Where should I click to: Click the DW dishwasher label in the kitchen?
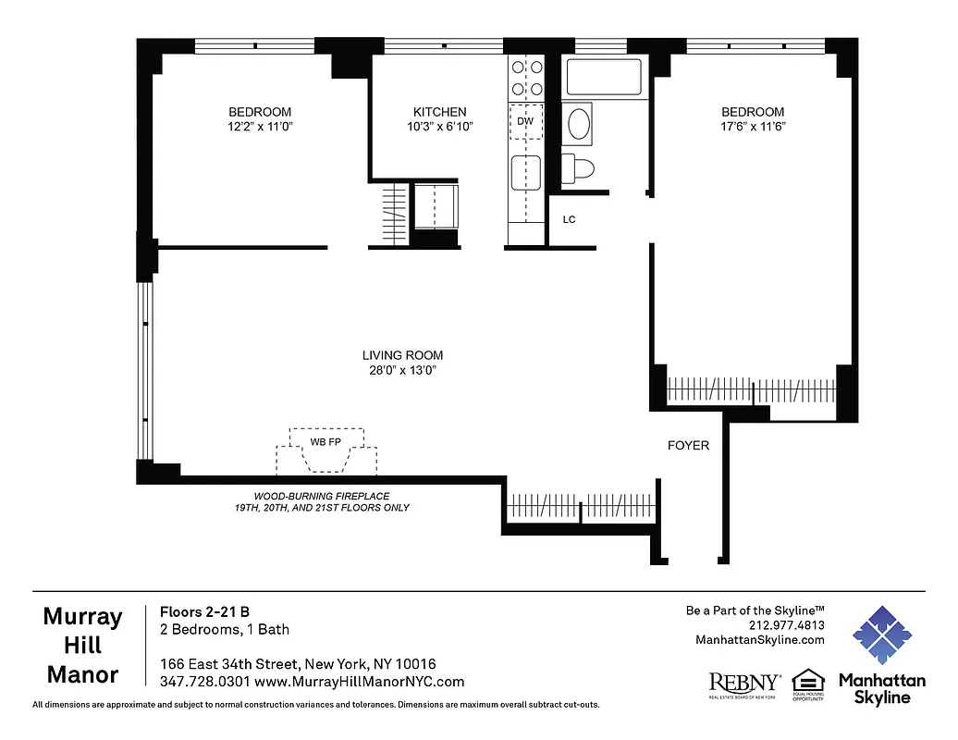pos(525,121)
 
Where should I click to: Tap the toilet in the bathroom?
pos(579,167)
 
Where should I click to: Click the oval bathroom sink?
pos(581,124)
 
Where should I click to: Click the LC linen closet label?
pos(570,220)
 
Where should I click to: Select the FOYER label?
pos(688,446)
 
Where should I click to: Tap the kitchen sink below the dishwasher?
pos(525,173)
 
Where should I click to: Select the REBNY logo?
pos(744,683)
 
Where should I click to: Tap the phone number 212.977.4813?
pos(788,625)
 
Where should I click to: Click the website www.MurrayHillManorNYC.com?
pos(359,682)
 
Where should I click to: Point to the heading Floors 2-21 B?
pos(204,611)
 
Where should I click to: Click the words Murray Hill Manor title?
pos(83,646)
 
